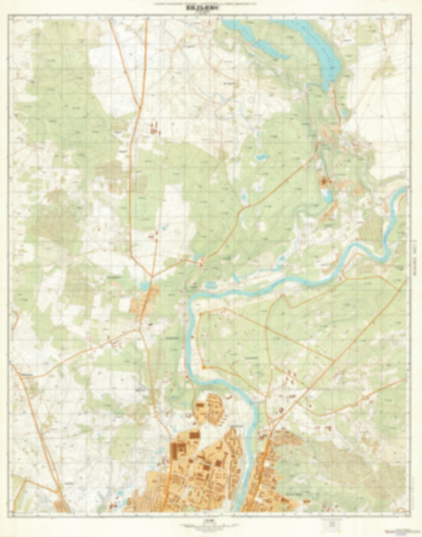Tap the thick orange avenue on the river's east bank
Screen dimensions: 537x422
tap(266, 467)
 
